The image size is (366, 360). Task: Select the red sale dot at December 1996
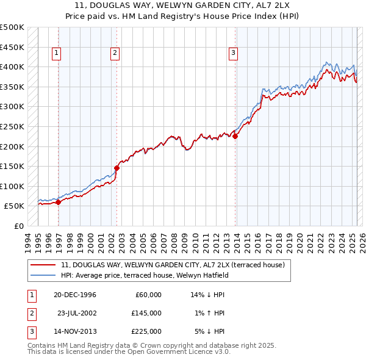pos(59,203)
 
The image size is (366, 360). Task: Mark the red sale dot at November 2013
pos(235,137)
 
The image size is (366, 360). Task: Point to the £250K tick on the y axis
pos(12,126)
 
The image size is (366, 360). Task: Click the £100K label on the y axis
pos(12,186)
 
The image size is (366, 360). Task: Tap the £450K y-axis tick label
pos(12,47)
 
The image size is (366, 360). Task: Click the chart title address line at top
pos(183,6)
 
